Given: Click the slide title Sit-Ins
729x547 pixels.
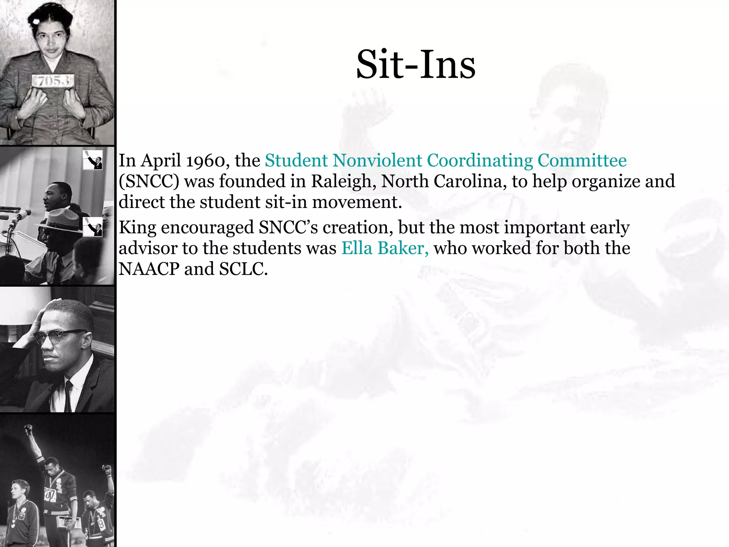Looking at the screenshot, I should [x=415, y=65].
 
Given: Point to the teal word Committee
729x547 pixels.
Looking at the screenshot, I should [x=582, y=161].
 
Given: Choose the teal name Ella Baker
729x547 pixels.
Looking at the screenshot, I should [x=384, y=248].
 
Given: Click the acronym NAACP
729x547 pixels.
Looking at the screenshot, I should [x=149, y=269].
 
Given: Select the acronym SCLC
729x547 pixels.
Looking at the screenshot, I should [x=243, y=269].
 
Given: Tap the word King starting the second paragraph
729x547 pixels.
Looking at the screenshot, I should [x=137, y=228].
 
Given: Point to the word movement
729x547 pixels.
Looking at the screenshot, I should [x=357, y=202].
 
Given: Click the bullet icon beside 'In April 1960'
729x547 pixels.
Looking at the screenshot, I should [x=93, y=160].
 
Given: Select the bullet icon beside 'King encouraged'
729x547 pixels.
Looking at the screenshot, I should [x=93, y=227].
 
